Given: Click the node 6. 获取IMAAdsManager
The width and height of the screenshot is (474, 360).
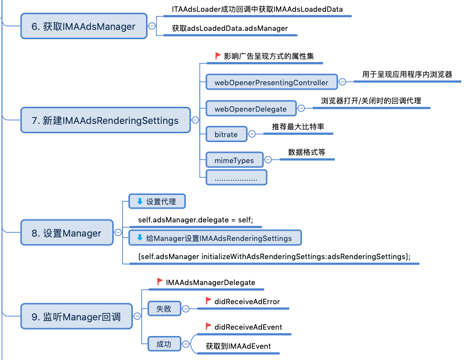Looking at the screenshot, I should (x=84, y=26).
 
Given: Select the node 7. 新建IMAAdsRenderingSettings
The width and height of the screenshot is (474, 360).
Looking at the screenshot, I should (x=105, y=120).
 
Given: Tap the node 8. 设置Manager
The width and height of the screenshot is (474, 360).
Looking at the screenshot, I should (x=66, y=234).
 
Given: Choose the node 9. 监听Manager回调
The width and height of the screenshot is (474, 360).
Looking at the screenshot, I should (x=76, y=316).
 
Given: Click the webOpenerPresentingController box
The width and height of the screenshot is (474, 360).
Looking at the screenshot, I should (x=271, y=82).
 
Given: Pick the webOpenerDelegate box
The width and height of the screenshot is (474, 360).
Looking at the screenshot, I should (x=250, y=108).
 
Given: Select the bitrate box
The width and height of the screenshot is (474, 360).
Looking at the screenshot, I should (x=226, y=134).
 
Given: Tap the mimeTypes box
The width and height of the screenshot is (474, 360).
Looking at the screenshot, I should (x=234, y=160).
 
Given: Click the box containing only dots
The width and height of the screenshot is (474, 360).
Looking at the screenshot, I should (x=236, y=177).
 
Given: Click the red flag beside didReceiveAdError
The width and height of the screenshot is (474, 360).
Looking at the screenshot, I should (x=208, y=301).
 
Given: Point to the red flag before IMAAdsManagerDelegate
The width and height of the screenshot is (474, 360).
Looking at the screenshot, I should (x=160, y=282).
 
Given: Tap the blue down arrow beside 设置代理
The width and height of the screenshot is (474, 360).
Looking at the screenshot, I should (x=139, y=201).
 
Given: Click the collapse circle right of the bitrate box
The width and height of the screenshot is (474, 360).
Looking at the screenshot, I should (x=252, y=134).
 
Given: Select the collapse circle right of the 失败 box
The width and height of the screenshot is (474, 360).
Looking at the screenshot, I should (x=186, y=309).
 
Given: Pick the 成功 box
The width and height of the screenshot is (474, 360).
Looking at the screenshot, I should (x=164, y=344).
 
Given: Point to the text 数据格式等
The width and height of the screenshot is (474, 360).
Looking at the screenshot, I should (x=306, y=152).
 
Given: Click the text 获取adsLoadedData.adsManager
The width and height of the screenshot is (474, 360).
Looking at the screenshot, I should (x=229, y=28).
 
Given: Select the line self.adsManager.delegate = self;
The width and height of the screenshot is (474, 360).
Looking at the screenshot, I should (x=195, y=220).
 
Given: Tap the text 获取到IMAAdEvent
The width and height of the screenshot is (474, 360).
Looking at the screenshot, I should (x=238, y=346).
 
